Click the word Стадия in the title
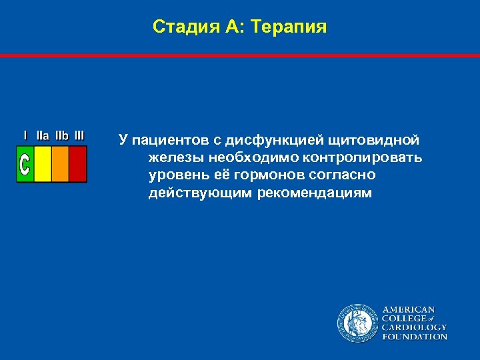click(176, 27)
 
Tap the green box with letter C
click(25, 164)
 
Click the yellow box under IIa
click(42, 164)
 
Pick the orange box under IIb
click(60, 164)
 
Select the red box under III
click(78, 164)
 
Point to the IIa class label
click(42, 135)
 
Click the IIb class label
click(61, 135)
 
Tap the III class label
click(79, 135)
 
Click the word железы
click(175, 158)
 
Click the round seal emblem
click(356, 323)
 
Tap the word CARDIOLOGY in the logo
click(414, 327)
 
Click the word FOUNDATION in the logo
click(414, 337)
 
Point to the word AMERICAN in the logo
click(408, 309)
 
